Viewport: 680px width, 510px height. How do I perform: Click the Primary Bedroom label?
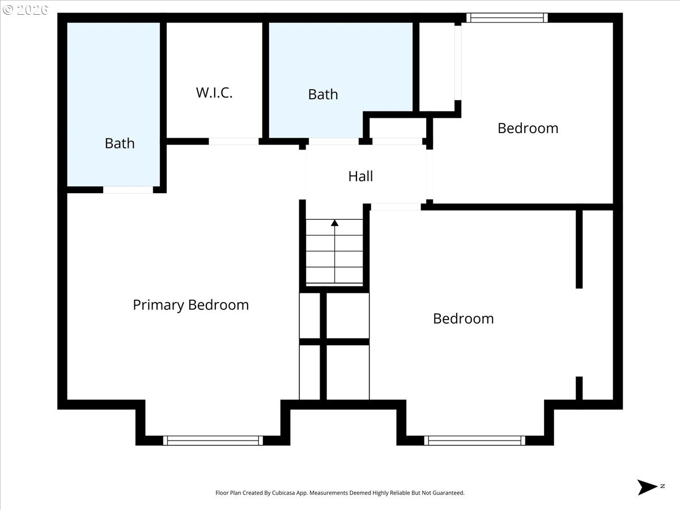190,305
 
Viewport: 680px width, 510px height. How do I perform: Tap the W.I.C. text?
214,93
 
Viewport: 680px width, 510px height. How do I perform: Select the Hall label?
360,176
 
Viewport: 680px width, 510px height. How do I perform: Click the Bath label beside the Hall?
323,94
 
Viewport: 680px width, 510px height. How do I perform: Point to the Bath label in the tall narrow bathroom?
120,143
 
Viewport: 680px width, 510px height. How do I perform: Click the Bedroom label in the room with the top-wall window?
528,128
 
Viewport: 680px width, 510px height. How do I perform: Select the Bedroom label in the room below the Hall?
463,318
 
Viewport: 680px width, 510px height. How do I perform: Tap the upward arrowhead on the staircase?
335,223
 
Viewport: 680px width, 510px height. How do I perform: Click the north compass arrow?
647,487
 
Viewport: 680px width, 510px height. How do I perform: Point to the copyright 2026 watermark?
25,10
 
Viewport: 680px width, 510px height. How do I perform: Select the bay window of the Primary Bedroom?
213,440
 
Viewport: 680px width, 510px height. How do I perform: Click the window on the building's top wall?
507,18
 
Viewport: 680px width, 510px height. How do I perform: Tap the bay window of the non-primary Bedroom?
475,440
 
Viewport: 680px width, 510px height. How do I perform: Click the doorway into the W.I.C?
233,141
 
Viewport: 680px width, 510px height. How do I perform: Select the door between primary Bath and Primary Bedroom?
128,190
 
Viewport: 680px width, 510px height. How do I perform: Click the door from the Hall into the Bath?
333,141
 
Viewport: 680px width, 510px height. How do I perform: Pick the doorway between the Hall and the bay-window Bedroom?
396,207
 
